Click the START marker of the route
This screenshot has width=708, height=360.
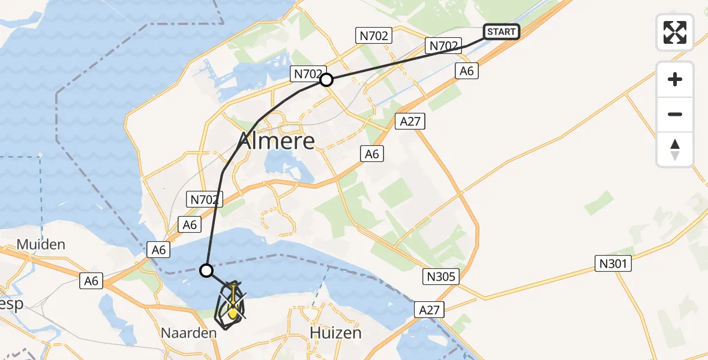point(501,32)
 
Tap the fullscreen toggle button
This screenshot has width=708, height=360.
point(675,32)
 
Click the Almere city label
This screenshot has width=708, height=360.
point(277,141)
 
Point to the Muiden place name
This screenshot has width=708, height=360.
point(41,245)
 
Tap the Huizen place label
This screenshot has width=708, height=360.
point(336,332)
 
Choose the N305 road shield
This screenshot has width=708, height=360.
point(441,277)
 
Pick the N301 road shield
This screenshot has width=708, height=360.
point(613,263)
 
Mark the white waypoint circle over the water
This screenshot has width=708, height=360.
point(206,271)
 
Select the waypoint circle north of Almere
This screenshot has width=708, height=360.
point(326,80)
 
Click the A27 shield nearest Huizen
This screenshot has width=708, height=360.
point(430,310)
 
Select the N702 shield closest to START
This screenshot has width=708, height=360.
point(443,44)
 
